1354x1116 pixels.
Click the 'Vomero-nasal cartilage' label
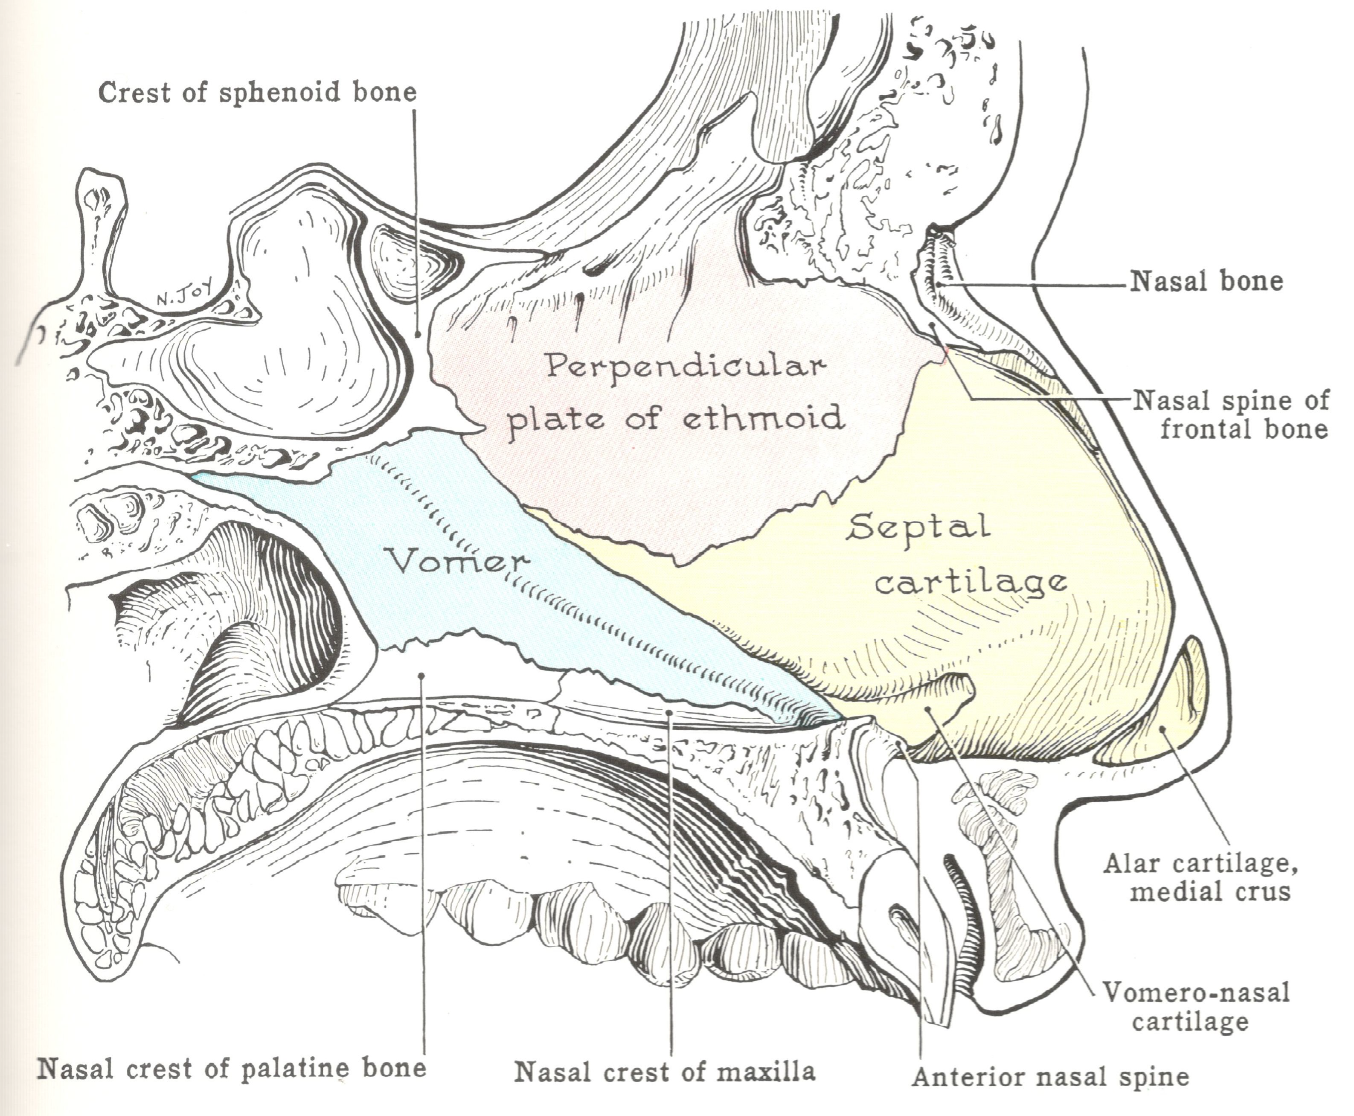(x=1196, y=1006)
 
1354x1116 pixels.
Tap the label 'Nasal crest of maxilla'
(x=665, y=1072)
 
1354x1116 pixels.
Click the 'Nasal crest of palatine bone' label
(x=231, y=1069)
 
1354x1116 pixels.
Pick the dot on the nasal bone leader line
(x=939, y=283)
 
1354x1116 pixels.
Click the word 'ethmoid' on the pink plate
(x=762, y=418)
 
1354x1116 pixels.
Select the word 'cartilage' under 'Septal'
(x=971, y=583)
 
